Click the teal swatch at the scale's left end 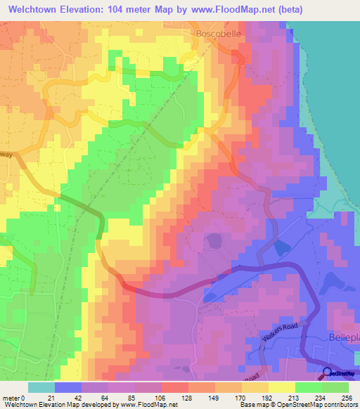(41, 387)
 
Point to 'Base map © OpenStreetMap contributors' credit (298, 405)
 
